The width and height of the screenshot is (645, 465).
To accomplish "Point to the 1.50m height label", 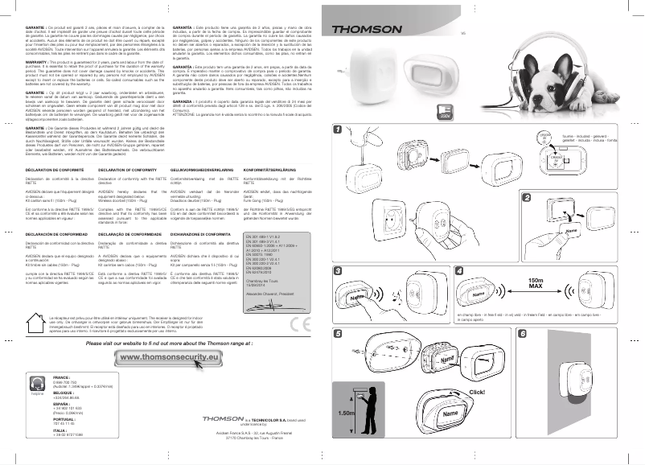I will [347, 412].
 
